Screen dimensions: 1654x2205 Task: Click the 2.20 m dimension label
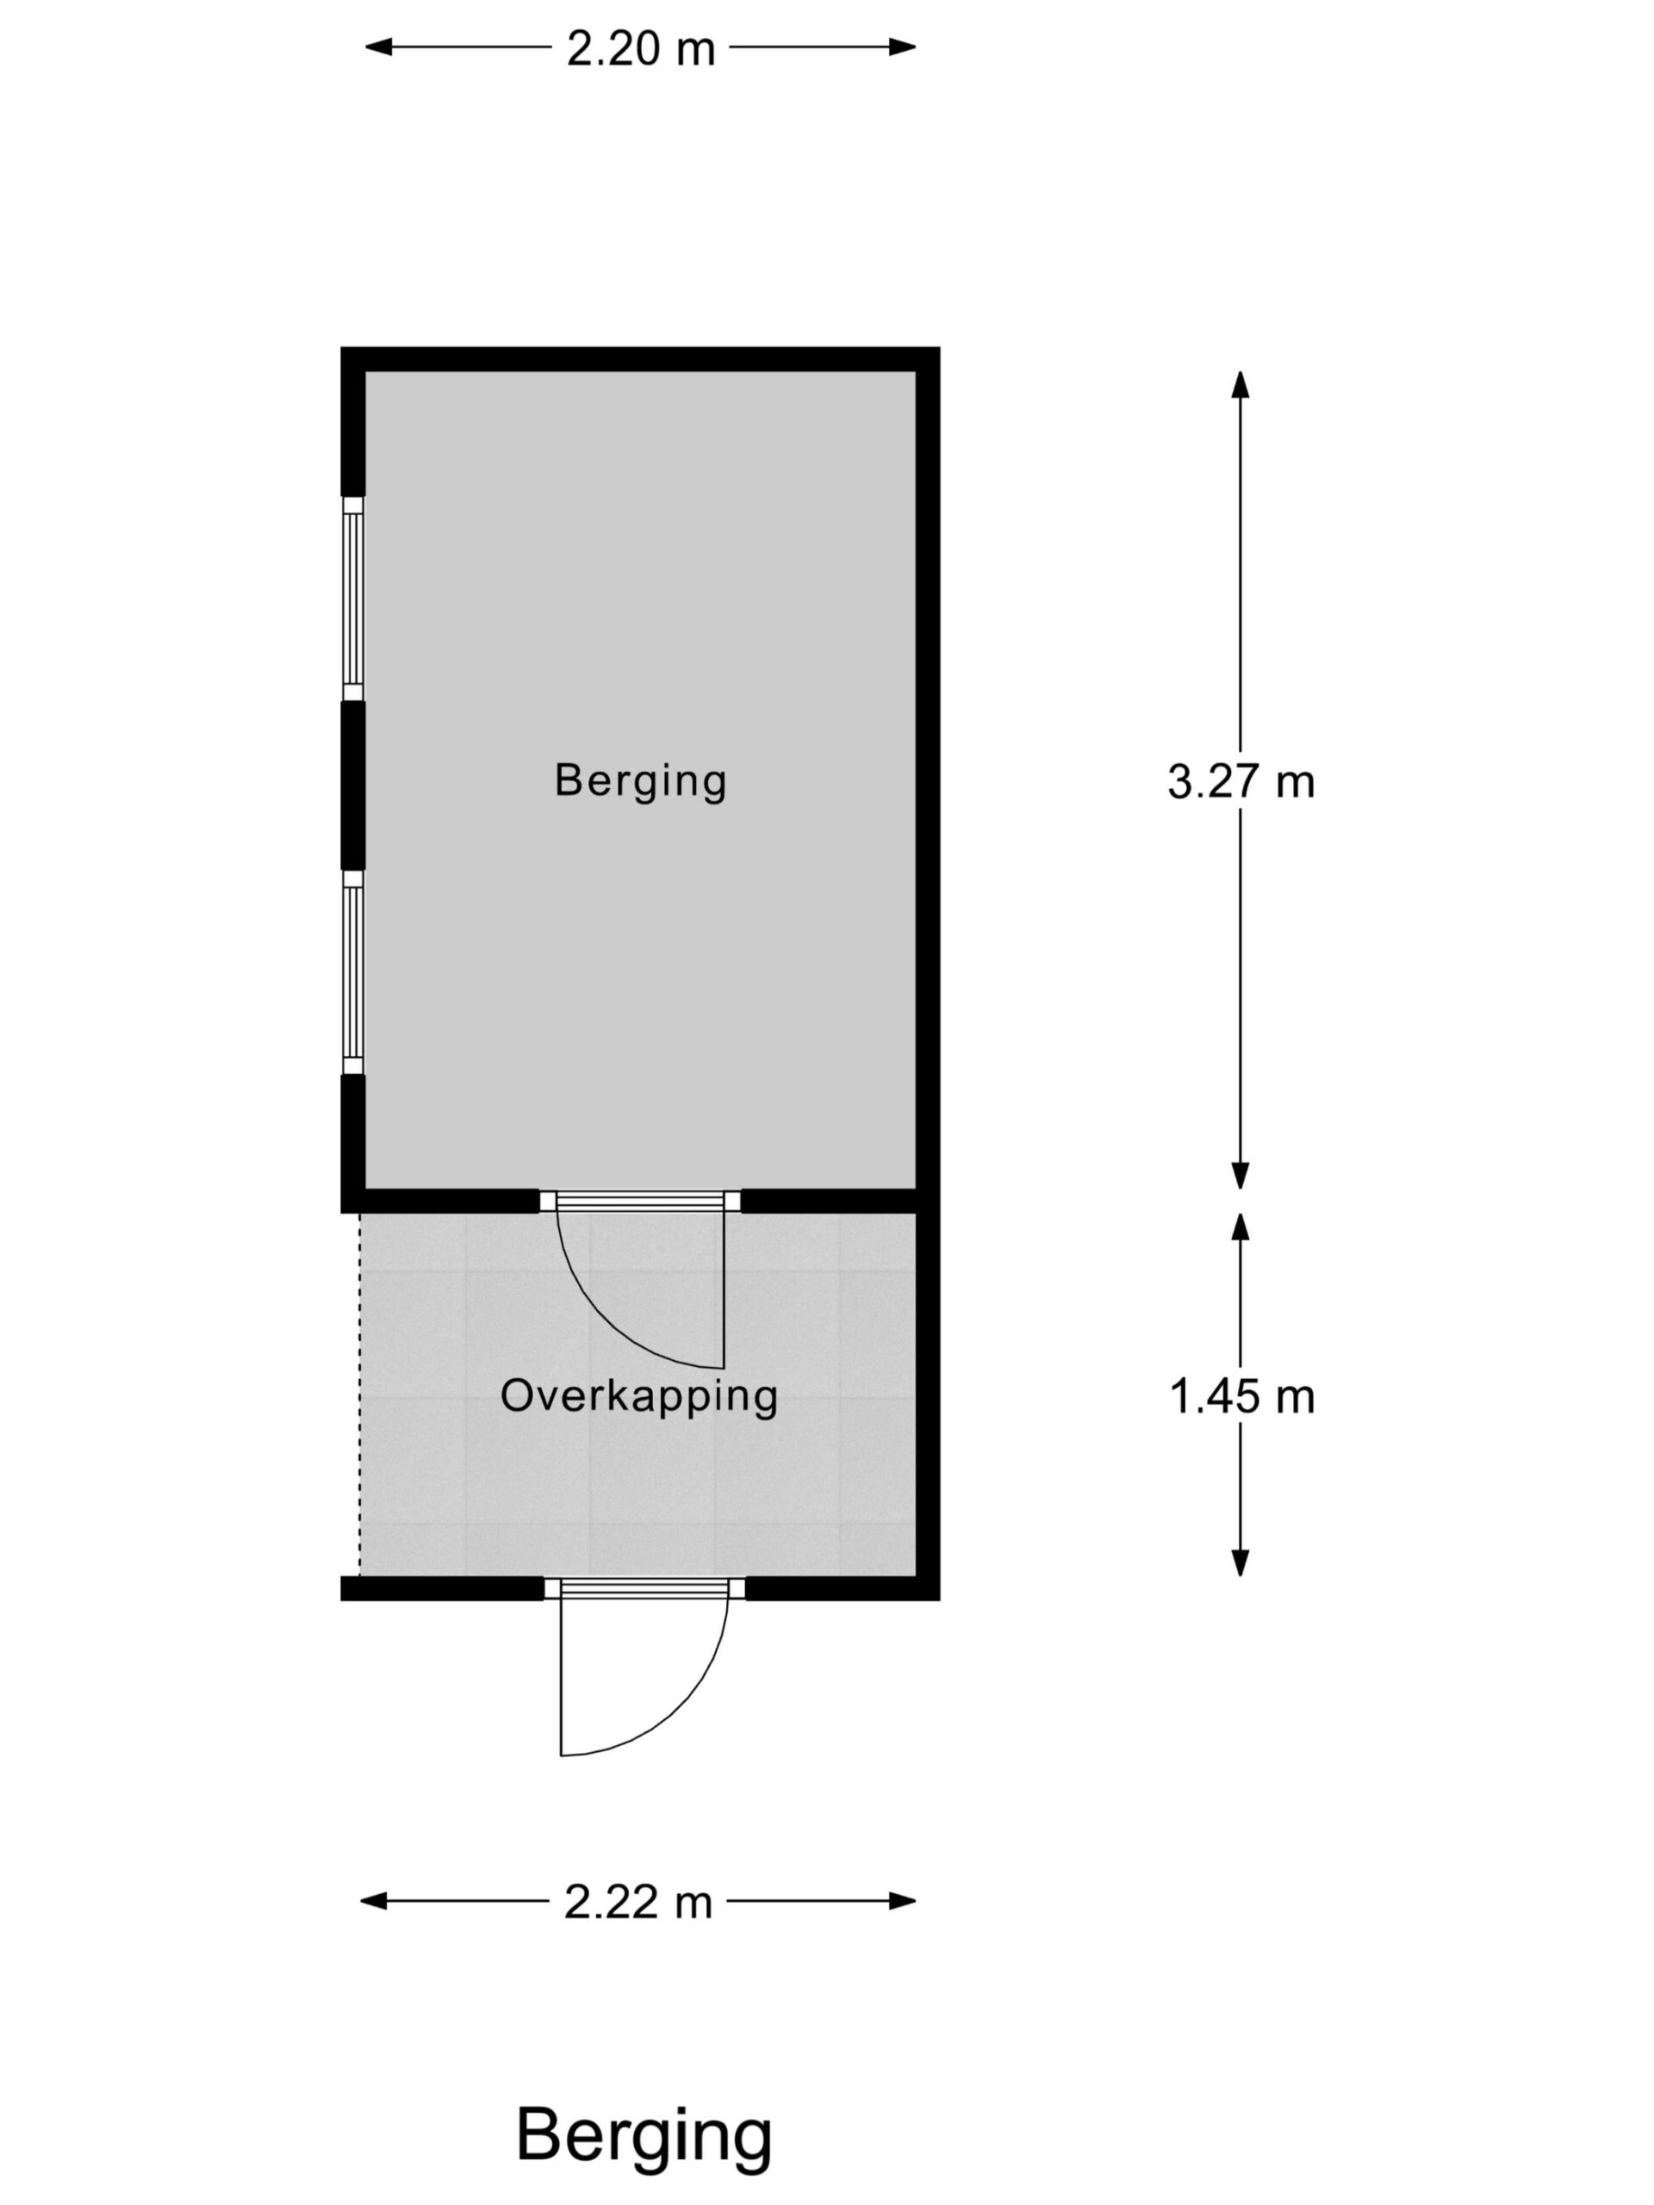coord(640,48)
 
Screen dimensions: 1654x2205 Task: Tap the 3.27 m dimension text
coord(1240,781)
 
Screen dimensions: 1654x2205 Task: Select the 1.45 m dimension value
coord(1241,1395)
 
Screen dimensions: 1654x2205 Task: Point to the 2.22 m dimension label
coord(638,1901)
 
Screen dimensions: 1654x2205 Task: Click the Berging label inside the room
coord(640,780)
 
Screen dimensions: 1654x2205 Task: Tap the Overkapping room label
coord(639,1396)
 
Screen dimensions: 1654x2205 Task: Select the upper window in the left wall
coord(353,598)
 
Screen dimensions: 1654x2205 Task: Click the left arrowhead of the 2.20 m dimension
coord(378,47)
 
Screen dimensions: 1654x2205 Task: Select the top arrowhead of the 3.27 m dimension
coord(1240,385)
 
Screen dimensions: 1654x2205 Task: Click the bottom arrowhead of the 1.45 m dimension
coord(1240,1562)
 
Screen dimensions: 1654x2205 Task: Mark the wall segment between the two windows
coord(353,786)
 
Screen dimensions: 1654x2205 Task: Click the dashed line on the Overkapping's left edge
coord(360,1394)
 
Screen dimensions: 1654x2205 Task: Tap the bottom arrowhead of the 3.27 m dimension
coord(1240,1177)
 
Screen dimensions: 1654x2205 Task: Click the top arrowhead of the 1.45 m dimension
coord(1240,1227)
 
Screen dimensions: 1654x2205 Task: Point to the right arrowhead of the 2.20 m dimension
coord(902,47)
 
